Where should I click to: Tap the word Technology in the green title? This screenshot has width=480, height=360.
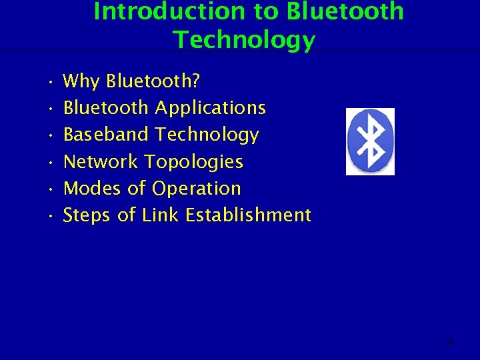coord(244,40)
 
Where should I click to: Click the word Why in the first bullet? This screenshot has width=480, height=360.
coord(81,81)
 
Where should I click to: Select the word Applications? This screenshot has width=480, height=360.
coord(211,108)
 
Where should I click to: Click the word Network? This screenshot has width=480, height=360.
coord(101,161)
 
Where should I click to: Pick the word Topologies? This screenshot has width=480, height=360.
coord(194,162)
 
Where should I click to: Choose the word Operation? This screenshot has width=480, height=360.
coord(196,189)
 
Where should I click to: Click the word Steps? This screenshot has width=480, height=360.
coord(87,215)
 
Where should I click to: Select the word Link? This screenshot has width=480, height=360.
coord(160,215)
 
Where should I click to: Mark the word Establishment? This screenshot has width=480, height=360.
coord(248,215)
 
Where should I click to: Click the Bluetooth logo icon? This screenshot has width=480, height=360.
coord(370,141)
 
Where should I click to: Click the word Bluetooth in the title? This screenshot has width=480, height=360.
coord(345,11)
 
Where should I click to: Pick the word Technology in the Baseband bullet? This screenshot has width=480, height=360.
coord(207,135)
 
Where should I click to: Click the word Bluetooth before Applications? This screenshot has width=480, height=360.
coord(106,108)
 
